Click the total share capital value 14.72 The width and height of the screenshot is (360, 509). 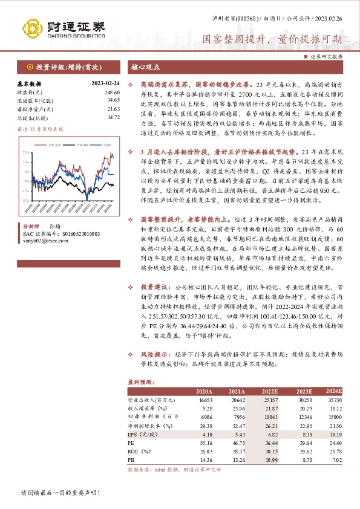pos(113,117)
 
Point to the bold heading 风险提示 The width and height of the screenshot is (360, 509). pos(156,354)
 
